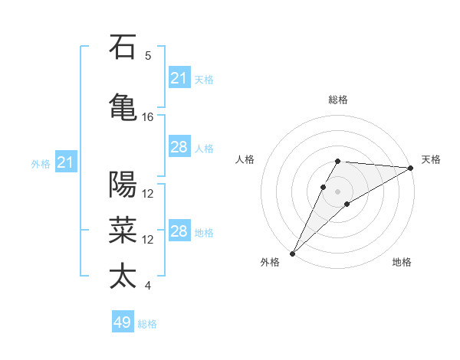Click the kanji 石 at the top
(123, 47)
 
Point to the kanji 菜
(123, 229)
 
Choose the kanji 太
(123, 276)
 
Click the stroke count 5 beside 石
(148, 56)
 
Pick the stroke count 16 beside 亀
(148, 117)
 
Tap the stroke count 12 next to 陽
(148, 194)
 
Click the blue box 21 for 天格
(179, 78)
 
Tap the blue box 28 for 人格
(179, 147)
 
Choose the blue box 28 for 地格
(179, 232)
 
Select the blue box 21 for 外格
(65, 162)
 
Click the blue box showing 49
(123, 322)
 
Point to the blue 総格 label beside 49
(148, 324)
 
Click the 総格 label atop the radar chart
(337, 100)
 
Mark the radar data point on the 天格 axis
(411, 168)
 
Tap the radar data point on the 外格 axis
(292, 253)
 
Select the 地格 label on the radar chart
(402, 262)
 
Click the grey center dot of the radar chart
(337, 190)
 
